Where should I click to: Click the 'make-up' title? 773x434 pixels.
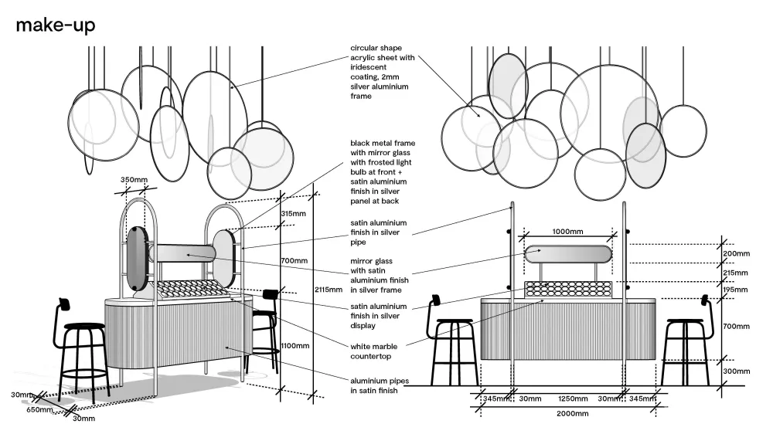point(56,25)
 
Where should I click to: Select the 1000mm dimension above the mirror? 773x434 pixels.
point(567,231)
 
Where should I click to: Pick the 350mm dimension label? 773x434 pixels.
point(133,180)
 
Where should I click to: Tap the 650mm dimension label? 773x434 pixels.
point(39,410)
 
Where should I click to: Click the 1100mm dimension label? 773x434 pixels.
point(295,346)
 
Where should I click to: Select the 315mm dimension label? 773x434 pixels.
point(292,213)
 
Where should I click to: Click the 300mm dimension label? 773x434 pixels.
point(736,371)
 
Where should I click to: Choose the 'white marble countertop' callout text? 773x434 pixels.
point(374,351)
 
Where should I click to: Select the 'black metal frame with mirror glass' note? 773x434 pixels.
point(383,172)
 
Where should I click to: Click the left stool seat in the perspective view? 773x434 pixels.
point(83,327)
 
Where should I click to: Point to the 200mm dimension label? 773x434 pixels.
point(736,253)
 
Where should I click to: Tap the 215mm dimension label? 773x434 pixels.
point(736,273)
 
